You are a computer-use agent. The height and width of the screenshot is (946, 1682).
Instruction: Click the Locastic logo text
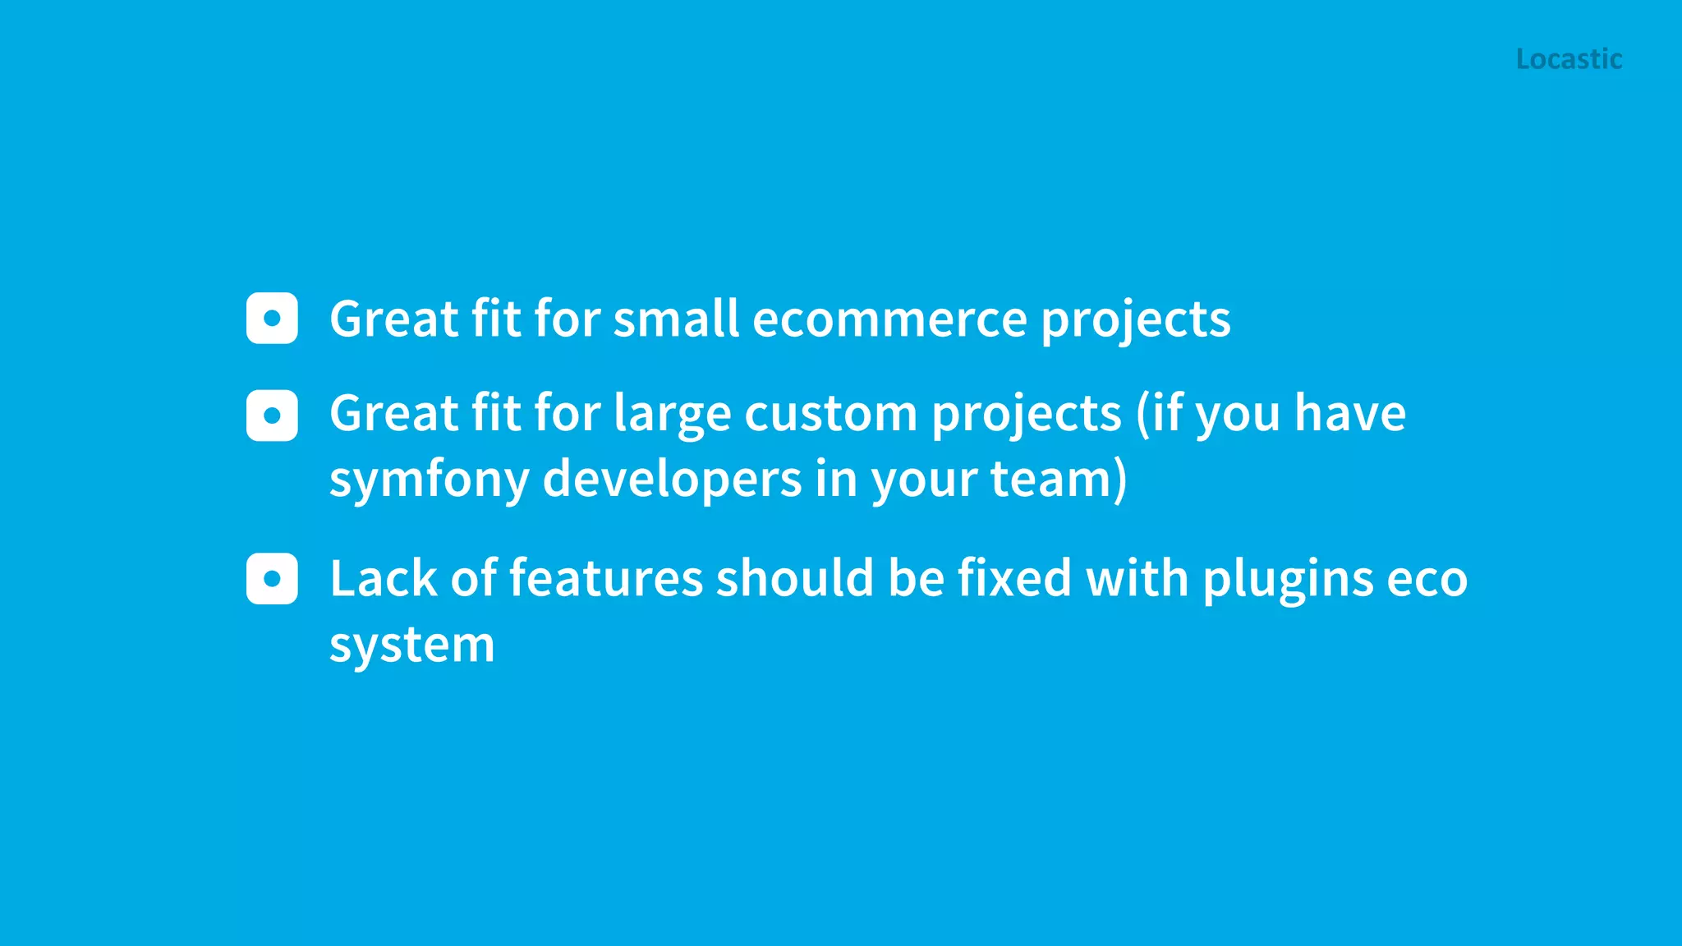tap(1569, 59)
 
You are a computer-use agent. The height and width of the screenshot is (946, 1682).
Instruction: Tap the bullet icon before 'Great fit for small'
tap(272, 318)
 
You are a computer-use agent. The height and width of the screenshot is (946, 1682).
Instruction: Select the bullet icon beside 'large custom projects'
tap(272, 416)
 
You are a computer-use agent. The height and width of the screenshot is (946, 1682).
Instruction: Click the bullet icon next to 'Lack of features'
tap(272, 579)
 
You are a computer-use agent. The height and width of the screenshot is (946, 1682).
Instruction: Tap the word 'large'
tap(672, 414)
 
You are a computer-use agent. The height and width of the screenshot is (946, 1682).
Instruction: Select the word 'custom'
tap(830, 414)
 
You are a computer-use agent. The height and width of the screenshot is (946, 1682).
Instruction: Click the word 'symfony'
tap(429, 480)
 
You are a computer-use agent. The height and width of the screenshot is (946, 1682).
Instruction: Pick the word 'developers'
tap(672, 480)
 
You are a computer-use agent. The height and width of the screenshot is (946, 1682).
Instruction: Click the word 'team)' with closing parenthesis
tap(1059, 480)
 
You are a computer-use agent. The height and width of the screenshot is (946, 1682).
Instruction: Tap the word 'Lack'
tap(383, 578)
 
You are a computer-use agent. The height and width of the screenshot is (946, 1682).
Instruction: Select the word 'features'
tap(606, 578)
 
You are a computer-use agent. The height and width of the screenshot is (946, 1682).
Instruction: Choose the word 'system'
tap(412, 645)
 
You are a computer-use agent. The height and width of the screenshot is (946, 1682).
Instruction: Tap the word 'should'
tap(795, 578)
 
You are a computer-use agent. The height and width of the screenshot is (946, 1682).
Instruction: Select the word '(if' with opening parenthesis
tap(1158, 414)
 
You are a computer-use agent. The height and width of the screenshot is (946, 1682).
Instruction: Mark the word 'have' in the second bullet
tap(1349, 414)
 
